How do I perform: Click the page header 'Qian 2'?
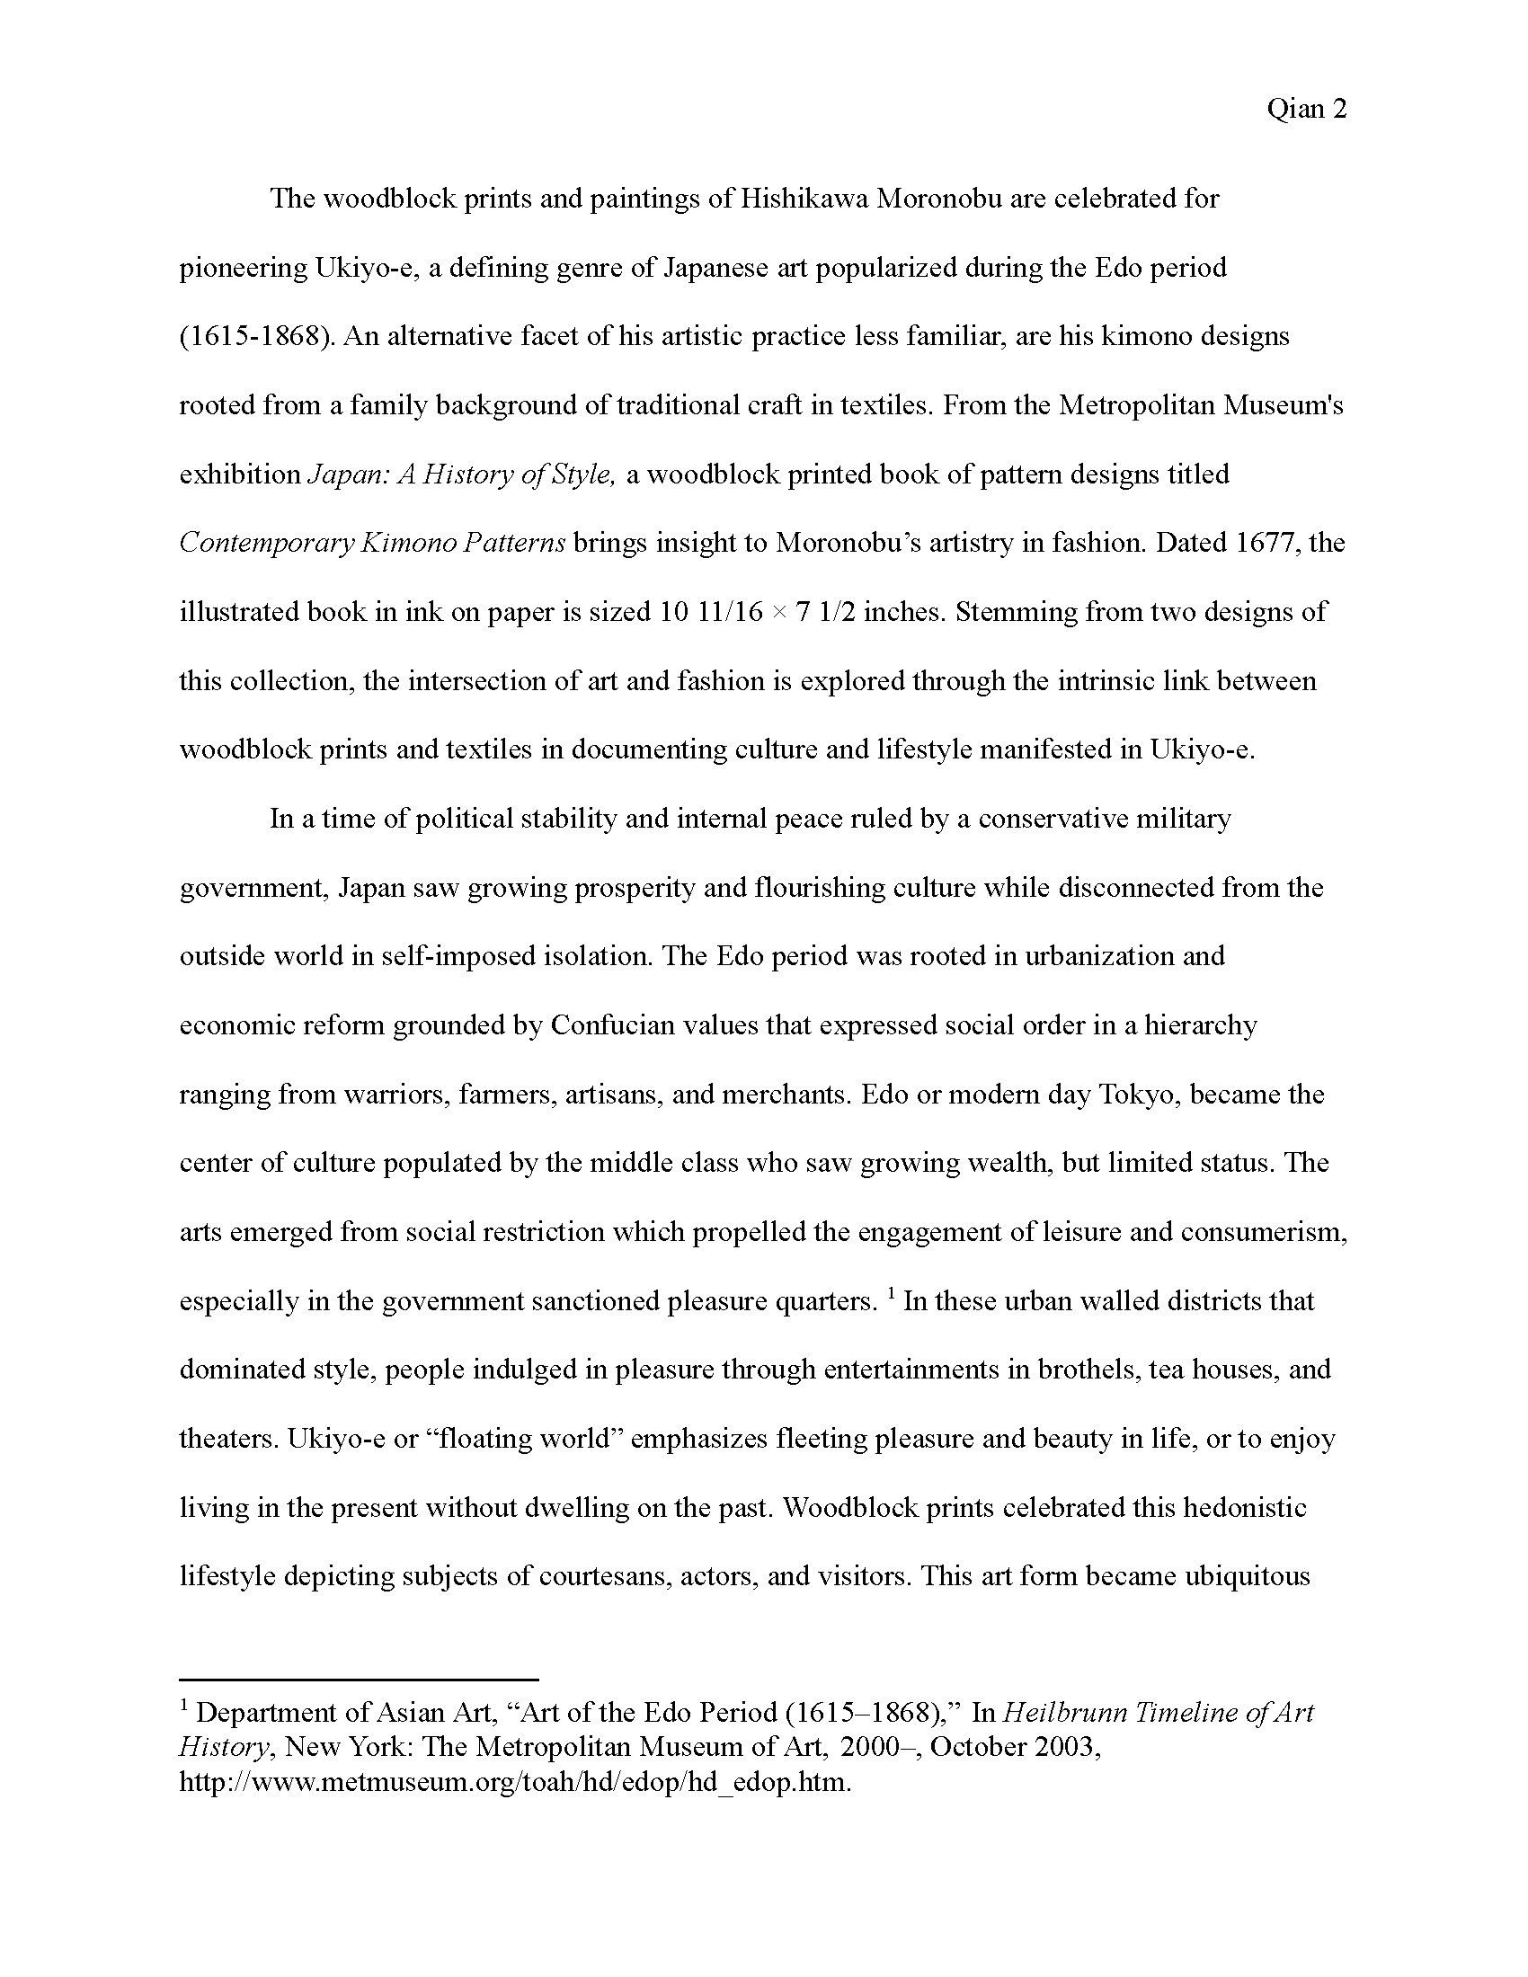click(x=1306, y=110)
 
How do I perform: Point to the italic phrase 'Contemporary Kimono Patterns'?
click(x=372, y=543)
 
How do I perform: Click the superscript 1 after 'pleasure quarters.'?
click(x=892, y=1294)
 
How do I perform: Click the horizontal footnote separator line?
click(x=359, y=1679)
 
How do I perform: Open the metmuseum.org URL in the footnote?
click(x=515, y=1782)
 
